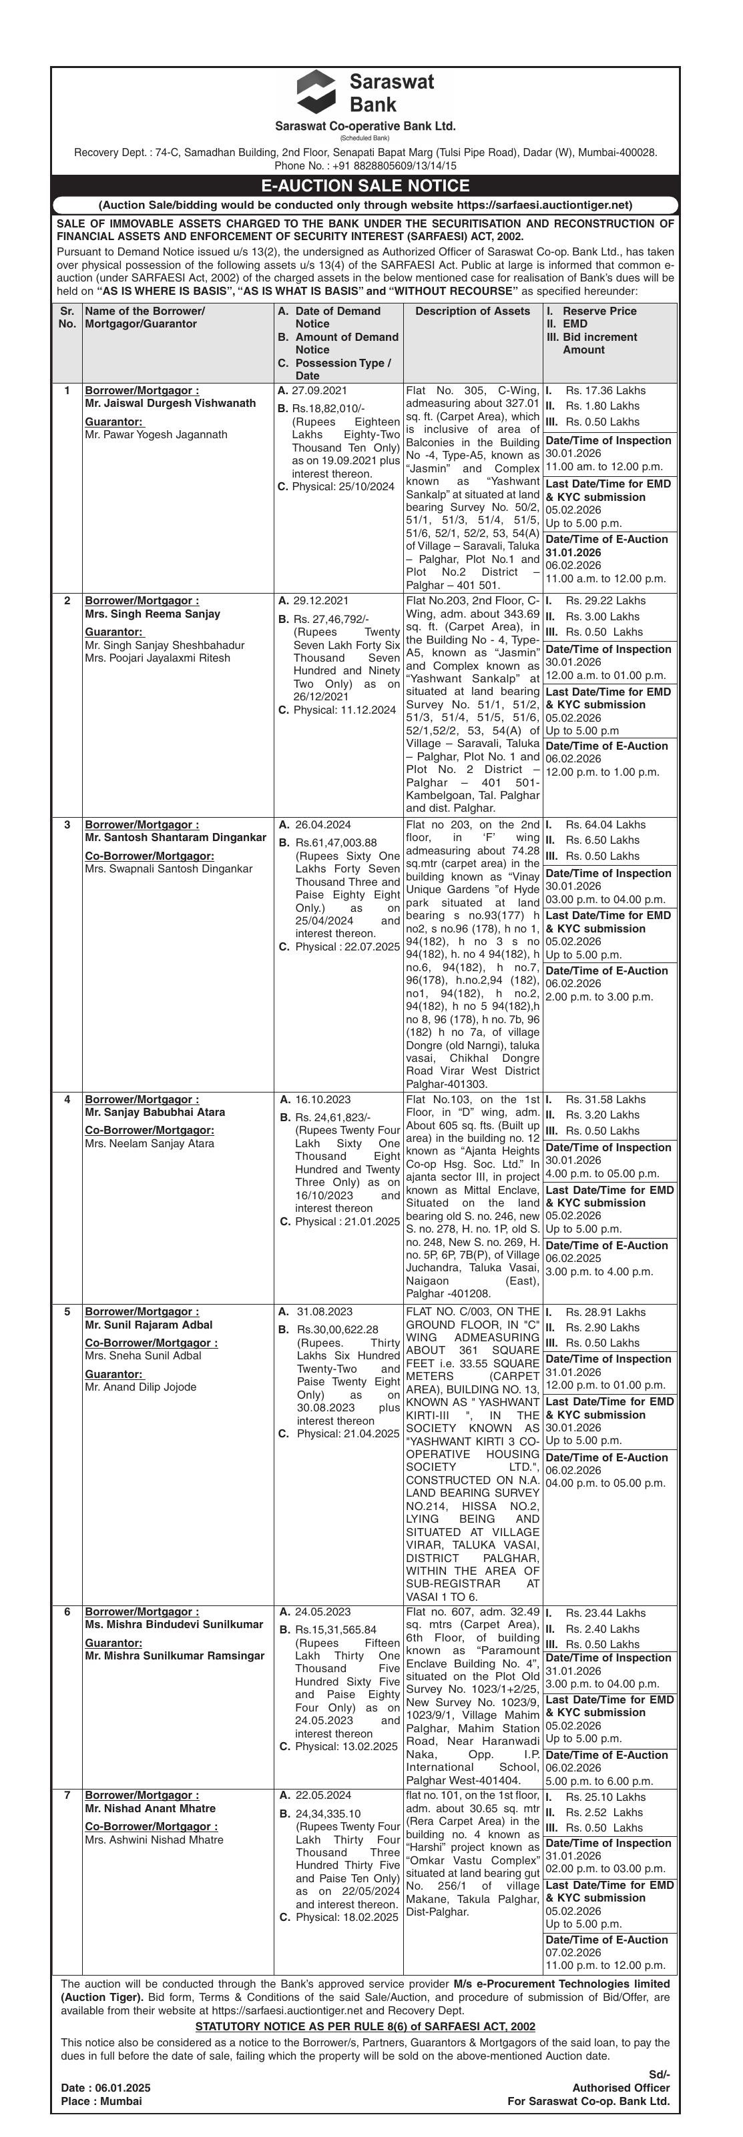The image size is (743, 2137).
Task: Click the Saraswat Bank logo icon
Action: [x=316, y=91]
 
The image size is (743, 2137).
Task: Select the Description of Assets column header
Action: [x=473, y=311]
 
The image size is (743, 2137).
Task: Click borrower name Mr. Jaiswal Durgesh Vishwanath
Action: [x=170, y=403]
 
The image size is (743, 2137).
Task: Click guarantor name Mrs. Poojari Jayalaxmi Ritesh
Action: [x=158, y=658]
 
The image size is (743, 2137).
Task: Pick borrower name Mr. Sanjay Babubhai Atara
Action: [x=154, y=1112]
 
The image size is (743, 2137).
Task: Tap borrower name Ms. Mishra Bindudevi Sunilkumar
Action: [x=174, y=1624]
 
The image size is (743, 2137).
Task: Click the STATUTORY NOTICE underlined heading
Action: [x=365, y=2026]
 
